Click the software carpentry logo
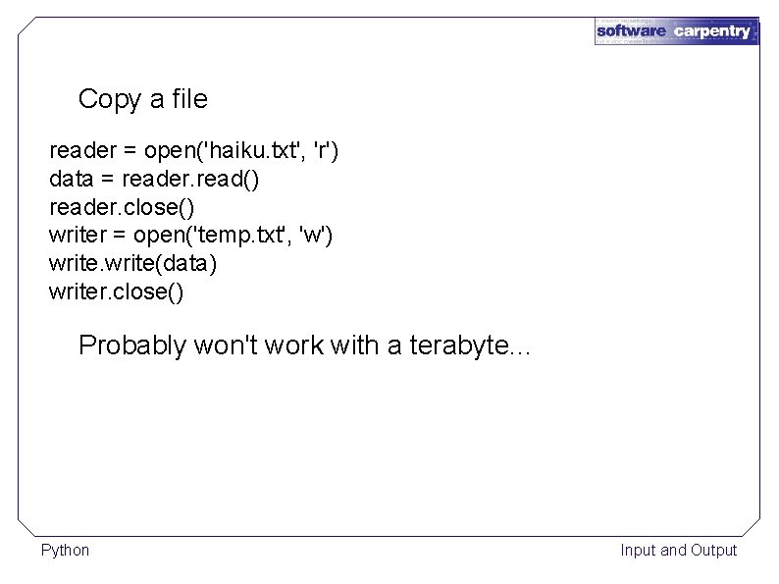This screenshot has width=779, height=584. tap(676, 30)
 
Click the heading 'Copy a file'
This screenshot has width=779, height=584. tap(142, 99)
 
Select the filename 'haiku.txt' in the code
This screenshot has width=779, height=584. tap(251, 152)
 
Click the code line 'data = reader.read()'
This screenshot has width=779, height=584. tap(154, 181)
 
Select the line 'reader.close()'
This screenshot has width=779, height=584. tap(122, 208)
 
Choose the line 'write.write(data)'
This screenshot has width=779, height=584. tap(132, 264)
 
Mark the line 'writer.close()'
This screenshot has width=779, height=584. tap(116, 292)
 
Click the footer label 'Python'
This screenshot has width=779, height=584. tap(65, 550)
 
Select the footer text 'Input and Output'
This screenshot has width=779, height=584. tap(678, 550)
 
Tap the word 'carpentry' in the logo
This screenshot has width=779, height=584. tap(711, 30)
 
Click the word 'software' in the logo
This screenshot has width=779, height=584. tap(632, 30)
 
